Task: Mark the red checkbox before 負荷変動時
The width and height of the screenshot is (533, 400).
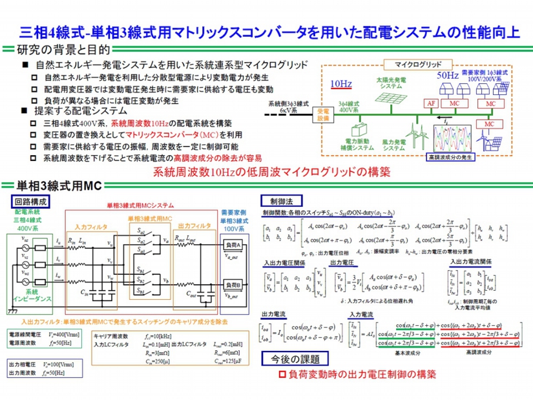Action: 281,374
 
